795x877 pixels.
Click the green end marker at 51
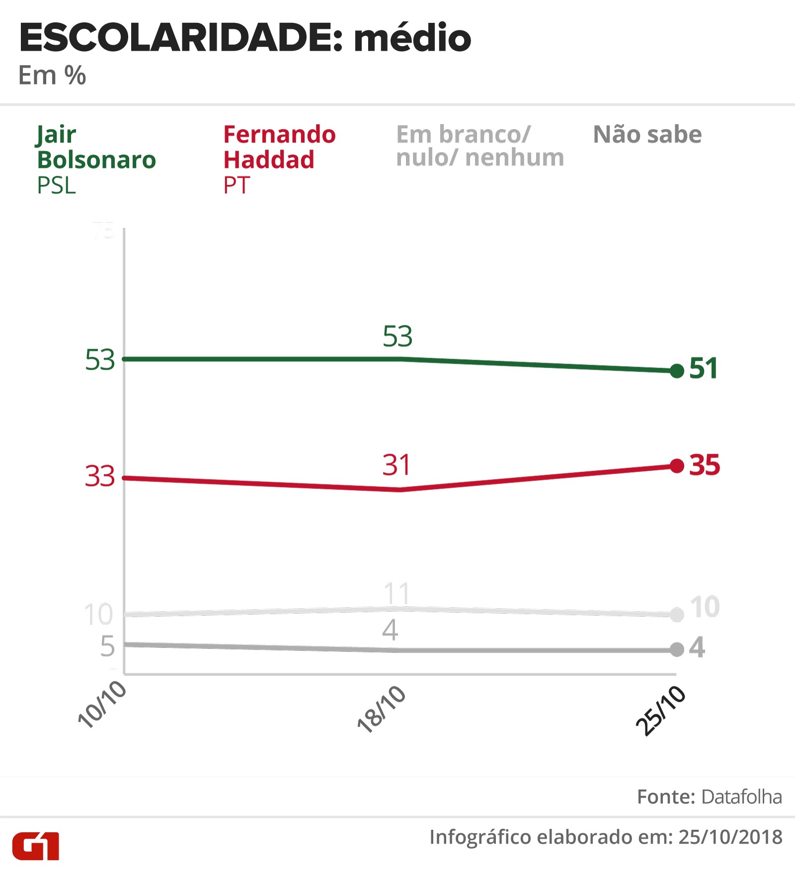[x=677, y=371]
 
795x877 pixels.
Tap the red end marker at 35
[x=677, y=466]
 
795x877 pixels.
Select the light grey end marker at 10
[x=677, y=615]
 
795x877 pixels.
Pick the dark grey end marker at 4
[x=677, y=649]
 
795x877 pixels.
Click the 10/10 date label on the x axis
[x=102, y=705]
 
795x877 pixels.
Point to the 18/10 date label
[x=382, y=709]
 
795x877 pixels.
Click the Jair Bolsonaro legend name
[x=96, y=147]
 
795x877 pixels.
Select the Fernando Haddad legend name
[x=279, y=147]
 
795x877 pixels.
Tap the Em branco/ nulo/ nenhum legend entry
[x=479, y=146]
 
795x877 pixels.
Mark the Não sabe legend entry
[x=647, y=135]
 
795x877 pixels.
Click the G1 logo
[x=36, y=846]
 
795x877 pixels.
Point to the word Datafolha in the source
[x=741, y=797]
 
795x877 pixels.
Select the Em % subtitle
[x=52, y=76]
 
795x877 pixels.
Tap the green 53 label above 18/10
[x=397, y=336]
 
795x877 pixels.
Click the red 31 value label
[x=396, y=465]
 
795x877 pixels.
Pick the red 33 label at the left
[x=100, y=476]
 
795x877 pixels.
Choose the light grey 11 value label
[x=397, y=593]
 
